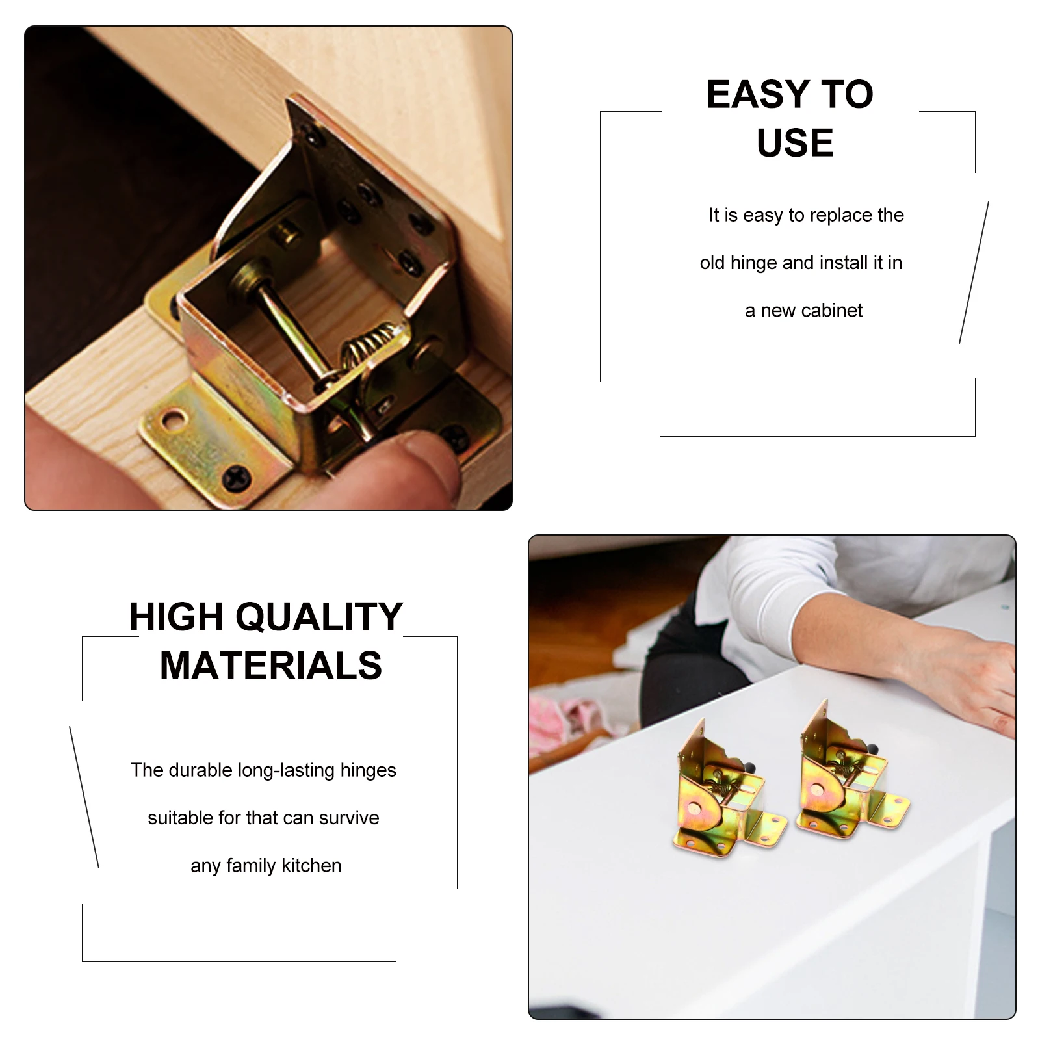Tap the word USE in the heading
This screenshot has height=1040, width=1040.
795,143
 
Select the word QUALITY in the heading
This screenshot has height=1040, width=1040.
319,617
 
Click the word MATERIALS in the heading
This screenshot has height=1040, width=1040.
271,666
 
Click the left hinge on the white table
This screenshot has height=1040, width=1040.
721,793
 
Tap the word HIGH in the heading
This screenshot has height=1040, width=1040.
176,617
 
